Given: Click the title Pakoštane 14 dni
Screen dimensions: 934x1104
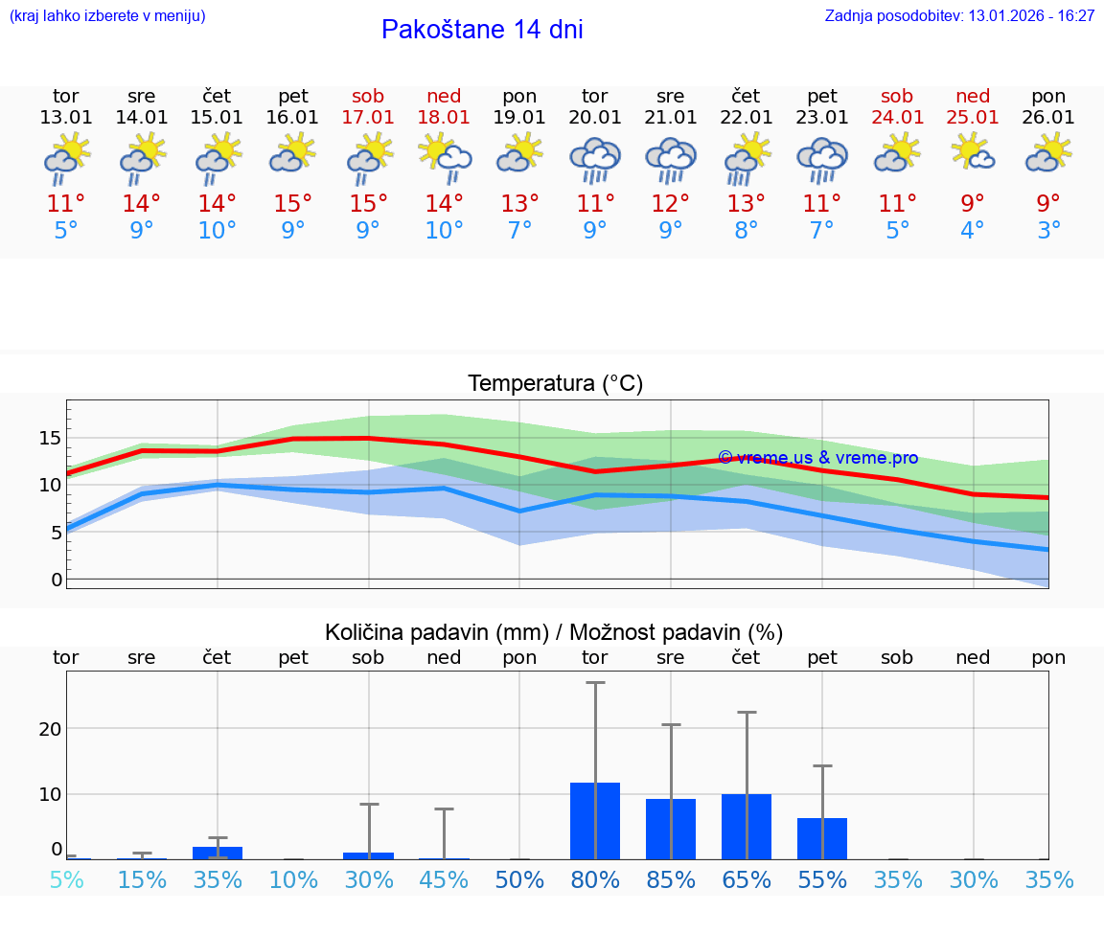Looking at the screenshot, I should pyautogui.click(x=482, y=30).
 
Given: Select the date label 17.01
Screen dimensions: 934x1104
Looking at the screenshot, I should pyautogui.click(x=368, y=117).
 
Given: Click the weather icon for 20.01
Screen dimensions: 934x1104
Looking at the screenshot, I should pyautogui.click(x=595, y=160).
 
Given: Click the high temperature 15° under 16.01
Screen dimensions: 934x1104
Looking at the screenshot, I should pyautogui.click(x=293, y=204).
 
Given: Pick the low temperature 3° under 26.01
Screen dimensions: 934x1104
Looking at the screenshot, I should pyautogui.click(x=1048, y=231).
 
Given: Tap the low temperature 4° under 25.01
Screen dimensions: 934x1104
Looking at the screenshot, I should pyautogui.click(x=973, y=231).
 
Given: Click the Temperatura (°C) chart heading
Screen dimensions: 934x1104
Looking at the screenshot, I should pyautogui.click(x=555, y=384).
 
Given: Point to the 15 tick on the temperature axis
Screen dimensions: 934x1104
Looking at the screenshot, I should pyautogui.click(x=50, y=438).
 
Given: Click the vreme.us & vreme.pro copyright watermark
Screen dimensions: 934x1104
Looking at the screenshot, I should pyautogui.click(x=817, y=458).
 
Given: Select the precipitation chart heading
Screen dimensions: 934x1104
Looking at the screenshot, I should pyautogui.click(x=554, y=632).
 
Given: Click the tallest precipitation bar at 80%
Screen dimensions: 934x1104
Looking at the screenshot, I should pyautogui.click(x=595, y=821).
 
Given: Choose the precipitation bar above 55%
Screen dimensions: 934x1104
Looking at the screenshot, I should pyautogui.click(x=822, y=838).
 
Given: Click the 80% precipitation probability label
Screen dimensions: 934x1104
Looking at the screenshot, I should pyautogui.click(x=595, y=879).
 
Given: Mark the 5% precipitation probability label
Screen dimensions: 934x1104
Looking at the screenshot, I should pyautogui.click(x=66, y=879).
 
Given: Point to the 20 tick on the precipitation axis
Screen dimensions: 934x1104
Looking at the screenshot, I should pyautogui.click(x=50, y=728).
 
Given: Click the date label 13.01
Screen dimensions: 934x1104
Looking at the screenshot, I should pyautogui.click(x=66, y=117).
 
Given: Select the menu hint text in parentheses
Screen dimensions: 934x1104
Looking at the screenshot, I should pyautogui.click(x=107, y=15).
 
